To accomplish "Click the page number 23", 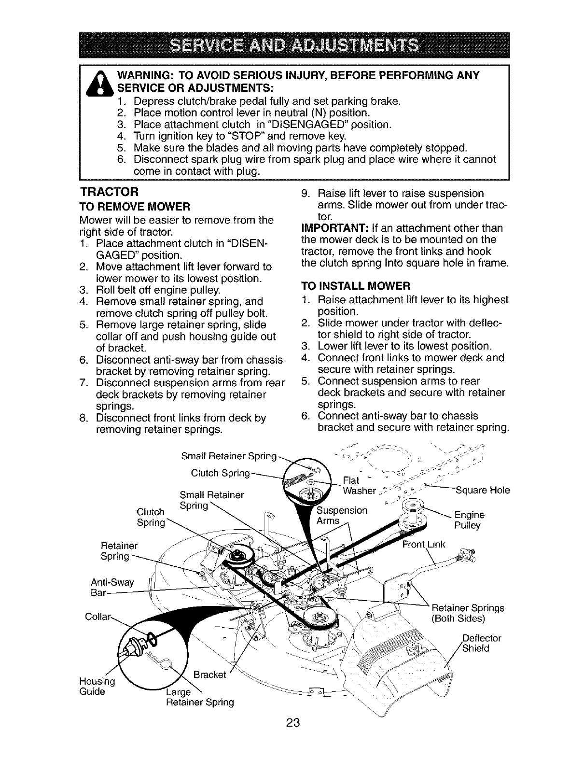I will tap(293, 736).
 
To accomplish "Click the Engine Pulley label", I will tap(469, 520).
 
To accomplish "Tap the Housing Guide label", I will tap(96, 686).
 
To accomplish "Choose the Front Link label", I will tap(424, 544).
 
